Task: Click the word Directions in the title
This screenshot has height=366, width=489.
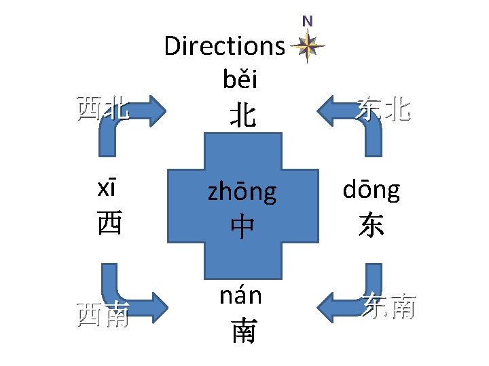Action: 224,47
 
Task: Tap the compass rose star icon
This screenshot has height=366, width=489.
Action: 308,47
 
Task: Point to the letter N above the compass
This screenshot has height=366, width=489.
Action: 308,21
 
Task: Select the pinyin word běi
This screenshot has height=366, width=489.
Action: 240,81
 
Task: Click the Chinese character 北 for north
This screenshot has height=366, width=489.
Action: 242,115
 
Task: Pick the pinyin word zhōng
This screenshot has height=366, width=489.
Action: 242,192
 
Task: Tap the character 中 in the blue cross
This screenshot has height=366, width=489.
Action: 242,226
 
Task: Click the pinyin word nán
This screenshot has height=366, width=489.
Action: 240,296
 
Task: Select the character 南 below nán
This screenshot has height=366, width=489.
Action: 243,331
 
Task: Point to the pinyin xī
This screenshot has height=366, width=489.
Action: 109,190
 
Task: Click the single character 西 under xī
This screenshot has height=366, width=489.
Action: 109,224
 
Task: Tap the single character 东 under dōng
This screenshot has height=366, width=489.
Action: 371,225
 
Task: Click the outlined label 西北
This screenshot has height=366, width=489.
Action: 103,108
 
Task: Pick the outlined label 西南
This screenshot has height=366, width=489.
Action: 103,315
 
